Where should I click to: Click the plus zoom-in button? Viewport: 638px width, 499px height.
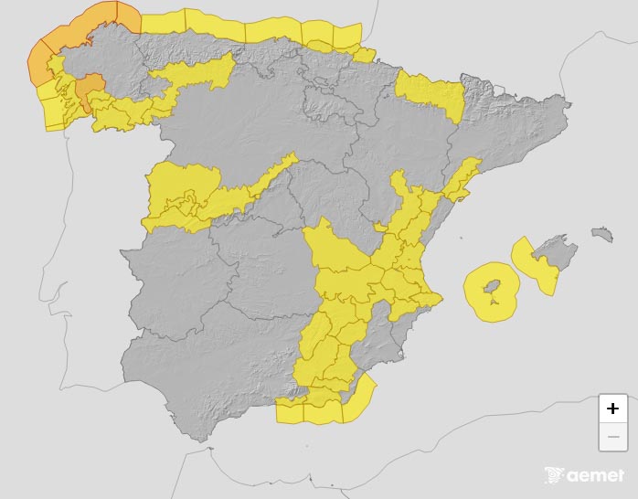[612, 409]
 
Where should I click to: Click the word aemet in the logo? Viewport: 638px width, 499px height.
[595, 475]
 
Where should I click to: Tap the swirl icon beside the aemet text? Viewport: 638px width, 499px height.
[554, 475]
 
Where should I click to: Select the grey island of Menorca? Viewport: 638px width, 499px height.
[601, 235]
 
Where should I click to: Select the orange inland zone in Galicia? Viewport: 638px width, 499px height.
[89, 90]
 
